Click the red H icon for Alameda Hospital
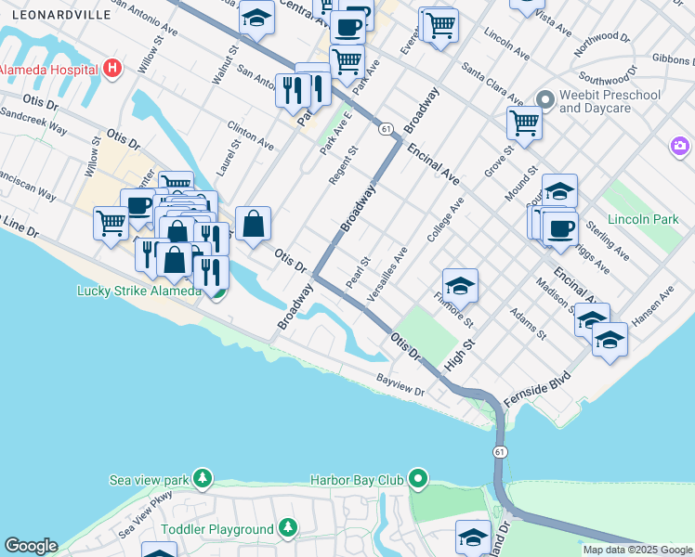112,68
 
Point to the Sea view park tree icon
202,479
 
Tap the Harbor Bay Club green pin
419,479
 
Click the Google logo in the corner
31,546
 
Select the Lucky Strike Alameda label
138,291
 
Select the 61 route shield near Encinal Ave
385,129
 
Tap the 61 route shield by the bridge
500,451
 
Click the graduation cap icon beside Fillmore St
460,284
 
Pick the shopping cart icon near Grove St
524,123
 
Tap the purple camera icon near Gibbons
680,146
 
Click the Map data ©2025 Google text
637,550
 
